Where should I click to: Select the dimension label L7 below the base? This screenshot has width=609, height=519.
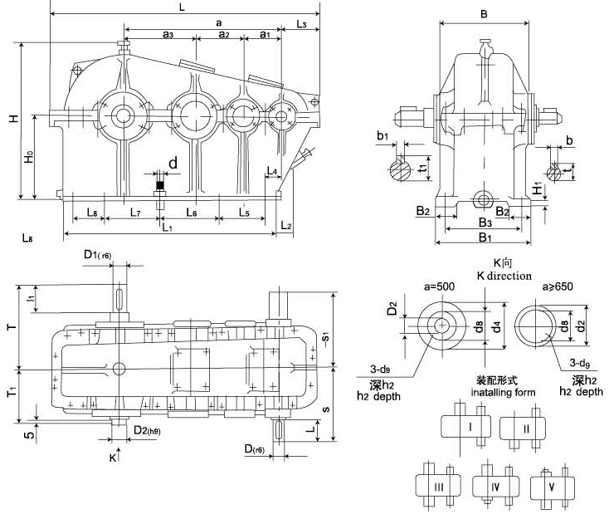point(135,213)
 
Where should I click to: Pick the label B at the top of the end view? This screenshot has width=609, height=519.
point(484,13)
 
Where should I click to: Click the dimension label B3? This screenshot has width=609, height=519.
point(486,223)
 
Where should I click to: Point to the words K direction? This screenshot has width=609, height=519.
point(504,275)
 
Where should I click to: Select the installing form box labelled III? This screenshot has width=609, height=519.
point(437,485)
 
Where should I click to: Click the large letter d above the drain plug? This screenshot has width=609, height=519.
point(173,164)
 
